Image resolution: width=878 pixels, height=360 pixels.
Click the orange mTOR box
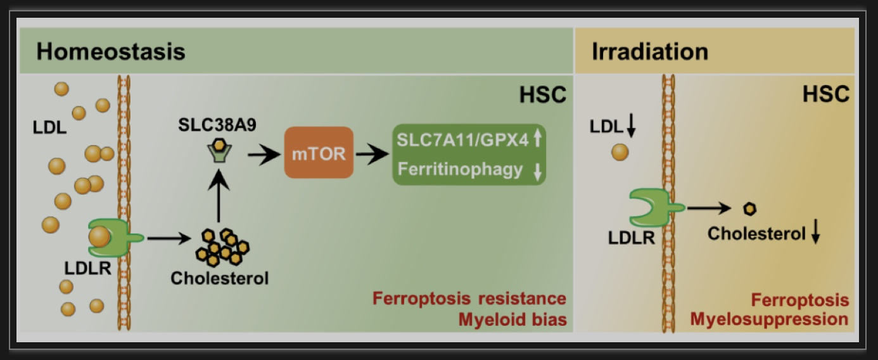(319, 153)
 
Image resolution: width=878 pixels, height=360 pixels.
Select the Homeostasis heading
(110, 51)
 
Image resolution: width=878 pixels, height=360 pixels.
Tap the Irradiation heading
(650, 51)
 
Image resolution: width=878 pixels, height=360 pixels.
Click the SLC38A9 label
(217, 125)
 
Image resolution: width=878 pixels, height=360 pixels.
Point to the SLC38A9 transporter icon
(219, 151)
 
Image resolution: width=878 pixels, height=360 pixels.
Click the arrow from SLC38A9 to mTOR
(264, 155)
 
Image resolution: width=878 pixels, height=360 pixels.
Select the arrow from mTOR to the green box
(372, 154)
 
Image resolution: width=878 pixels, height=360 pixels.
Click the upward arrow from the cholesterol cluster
(219, 195)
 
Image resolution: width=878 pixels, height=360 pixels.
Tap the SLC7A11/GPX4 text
(462, 140)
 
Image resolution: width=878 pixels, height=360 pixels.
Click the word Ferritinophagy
(460, 169)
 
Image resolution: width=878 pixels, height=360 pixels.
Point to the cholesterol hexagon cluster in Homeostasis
(222, 247)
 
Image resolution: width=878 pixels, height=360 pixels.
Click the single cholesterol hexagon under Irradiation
(749, 209)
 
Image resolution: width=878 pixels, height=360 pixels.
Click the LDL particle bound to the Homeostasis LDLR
(99, 237)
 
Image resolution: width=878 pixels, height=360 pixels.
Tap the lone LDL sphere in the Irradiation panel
(620, 152)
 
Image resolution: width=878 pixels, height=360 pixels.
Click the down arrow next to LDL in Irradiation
(631, 125)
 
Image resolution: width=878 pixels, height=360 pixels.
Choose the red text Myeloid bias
(512, 319)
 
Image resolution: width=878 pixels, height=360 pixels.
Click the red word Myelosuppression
(769, 319)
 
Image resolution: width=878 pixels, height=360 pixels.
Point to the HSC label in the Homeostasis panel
(543, 94)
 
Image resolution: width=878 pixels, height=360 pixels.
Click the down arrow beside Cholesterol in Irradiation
(816, 232)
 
